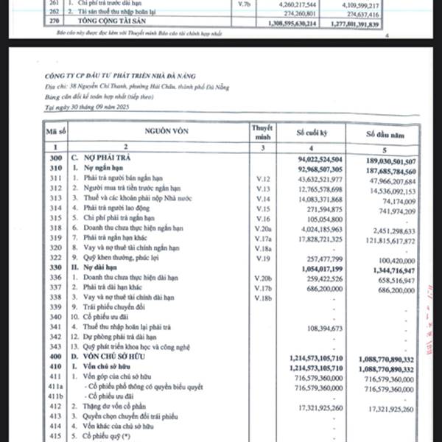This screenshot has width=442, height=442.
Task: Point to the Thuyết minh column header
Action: click(262, 133)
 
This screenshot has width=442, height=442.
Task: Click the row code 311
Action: click(52, 180)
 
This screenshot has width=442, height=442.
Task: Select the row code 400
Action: click(52, 357)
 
